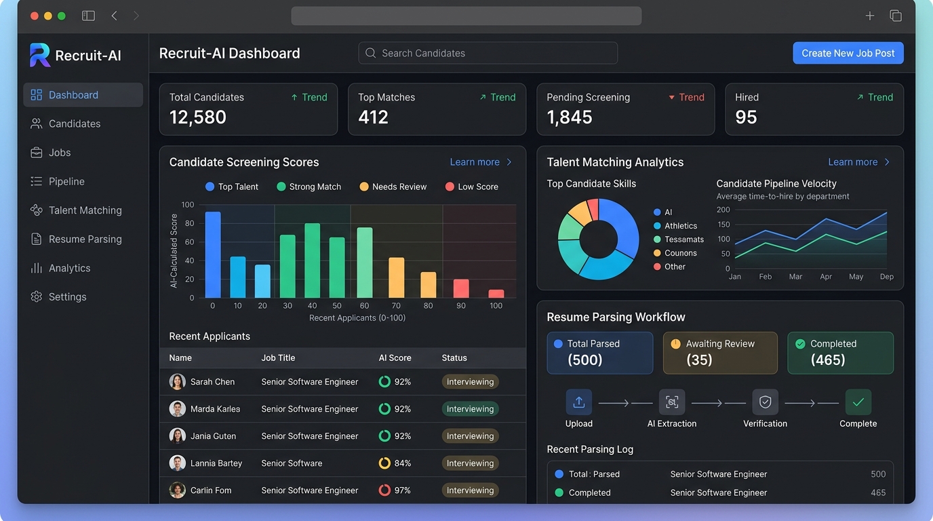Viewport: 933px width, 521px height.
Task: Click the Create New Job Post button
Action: tap(848, 53)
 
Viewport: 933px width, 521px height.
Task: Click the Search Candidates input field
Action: tap(488, 53)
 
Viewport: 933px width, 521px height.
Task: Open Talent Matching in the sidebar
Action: tap(85, 210)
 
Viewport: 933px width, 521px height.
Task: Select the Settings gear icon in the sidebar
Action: tap(36, 296)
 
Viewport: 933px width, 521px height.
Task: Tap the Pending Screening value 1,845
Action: tap(570, 117)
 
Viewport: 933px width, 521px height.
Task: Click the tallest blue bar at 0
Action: tap(213, 254)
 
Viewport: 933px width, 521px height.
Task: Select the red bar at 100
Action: tap(496, 294)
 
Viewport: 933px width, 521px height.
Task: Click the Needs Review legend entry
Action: tap(393, 187)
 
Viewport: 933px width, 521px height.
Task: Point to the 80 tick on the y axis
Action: tap(190, 223)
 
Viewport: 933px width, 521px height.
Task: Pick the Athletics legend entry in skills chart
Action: tap(675, 225)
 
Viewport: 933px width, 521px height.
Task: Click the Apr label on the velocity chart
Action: tap(826, 276)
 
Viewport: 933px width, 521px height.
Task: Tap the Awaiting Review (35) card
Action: tap(719, 353)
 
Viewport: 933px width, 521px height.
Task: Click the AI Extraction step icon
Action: tap(671, 402)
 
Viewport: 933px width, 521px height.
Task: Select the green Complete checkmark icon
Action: tap(858, 402)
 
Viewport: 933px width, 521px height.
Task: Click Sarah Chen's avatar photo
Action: tap(177, 381)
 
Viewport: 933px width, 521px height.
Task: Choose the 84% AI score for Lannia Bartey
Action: tap(395, 463)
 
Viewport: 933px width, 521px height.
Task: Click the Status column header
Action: tap(454, 358)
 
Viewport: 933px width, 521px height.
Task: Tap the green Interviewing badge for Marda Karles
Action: tap(470, 408)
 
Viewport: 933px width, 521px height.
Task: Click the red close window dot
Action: tap(35, 16)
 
